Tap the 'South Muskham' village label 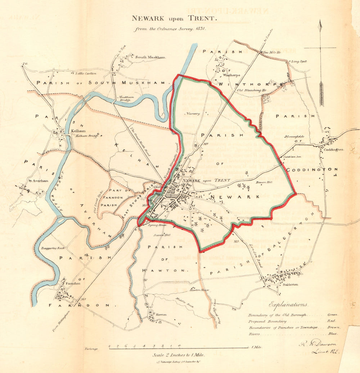(x=150, y=57)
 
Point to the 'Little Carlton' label (x=86, y=73)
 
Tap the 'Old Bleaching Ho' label (x=252, y=90)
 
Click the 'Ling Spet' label (x=299, y=62)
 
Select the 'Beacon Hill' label (x=264, y=183)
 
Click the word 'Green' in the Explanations (x=333, y=314)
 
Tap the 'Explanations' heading (x=288, y=304)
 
